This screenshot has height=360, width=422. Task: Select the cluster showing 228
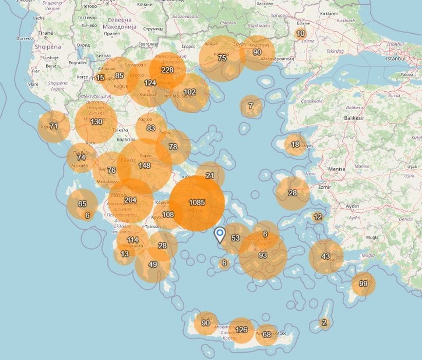[x=168, y=70]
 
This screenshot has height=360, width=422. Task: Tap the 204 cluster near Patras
[x=130, y=200]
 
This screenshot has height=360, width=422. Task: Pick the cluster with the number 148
[x=144, y=165]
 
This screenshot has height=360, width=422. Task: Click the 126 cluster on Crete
[x=241, y=330]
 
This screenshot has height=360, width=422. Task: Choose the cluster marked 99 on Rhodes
[x=363, y=284]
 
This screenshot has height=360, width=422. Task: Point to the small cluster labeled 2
[x=324, y=323]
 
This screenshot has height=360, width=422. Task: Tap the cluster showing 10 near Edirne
[x=300, y=33]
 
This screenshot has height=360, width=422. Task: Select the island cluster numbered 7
[x=251, y=106]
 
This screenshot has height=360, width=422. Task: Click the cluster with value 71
[x=54, y=126]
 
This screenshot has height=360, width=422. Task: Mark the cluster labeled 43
[x=326, y=257]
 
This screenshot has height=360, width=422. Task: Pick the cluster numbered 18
[x=295, y=145]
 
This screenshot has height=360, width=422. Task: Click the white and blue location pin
[x=219, y=235]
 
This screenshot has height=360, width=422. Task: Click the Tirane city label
[x=46, y=32]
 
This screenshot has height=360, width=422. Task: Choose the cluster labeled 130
[x=96, y=122]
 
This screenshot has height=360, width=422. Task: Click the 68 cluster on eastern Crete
[x=267, y=335]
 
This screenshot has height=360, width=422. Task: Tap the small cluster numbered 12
[x=318, y=217]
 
